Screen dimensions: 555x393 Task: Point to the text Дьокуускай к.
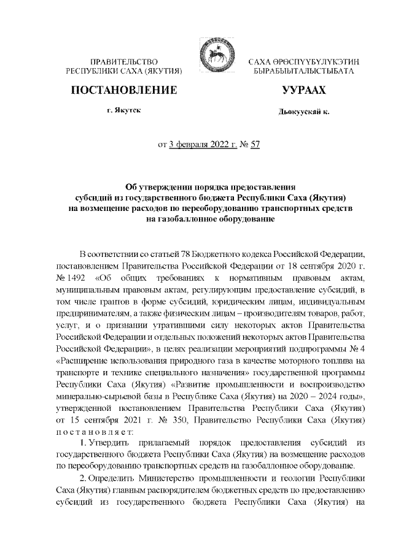303,113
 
